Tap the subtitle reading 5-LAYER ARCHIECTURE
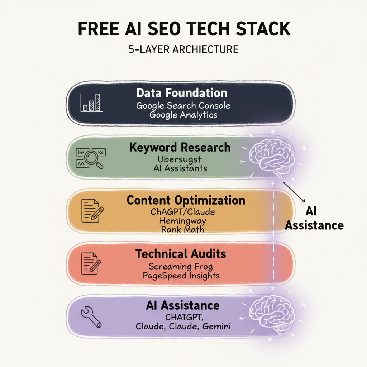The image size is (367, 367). tap(183, 49)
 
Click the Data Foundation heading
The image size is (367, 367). tap(182, 93)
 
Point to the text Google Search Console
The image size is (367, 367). tap(183, 106)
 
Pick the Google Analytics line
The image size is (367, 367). tap(183, 115)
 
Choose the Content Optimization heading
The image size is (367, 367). tap(186, 200)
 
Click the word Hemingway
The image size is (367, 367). tap(183, 220)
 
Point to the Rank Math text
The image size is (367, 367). tap(183, 229)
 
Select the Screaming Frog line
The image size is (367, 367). tap(181, 267)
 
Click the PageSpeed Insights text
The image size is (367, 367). tap(181, 276)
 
